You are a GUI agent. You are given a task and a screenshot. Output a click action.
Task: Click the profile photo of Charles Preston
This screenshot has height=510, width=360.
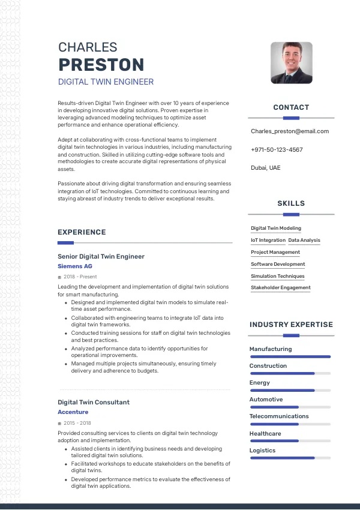pos(291,62)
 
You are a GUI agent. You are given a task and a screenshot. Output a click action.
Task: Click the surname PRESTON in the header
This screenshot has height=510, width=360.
pos(101,65)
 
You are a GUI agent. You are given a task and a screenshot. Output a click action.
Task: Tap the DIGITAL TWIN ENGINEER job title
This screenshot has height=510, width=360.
pos(106,82)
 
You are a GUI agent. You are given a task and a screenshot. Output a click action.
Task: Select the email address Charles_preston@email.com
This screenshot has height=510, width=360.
pos(290,131)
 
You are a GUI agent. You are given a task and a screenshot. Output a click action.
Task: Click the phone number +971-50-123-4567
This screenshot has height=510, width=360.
pos(277,149)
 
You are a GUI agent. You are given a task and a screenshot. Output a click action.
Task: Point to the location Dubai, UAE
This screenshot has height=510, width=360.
pos(266,167)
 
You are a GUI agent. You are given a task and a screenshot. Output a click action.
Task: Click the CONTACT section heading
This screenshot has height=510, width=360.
pos(291,107)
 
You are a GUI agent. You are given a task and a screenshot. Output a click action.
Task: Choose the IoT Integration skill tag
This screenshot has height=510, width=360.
pos(268,240)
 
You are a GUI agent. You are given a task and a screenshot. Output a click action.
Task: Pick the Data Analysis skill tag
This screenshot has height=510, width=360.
pos(304,240)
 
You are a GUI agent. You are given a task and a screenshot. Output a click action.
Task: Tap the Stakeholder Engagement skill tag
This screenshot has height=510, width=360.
pos(281,287)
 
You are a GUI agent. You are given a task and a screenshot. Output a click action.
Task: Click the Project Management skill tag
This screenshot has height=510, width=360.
pos(275,252)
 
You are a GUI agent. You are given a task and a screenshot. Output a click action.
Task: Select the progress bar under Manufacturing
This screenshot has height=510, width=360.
pos(290,356)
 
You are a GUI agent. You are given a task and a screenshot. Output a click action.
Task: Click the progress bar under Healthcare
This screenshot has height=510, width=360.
pos(290,441)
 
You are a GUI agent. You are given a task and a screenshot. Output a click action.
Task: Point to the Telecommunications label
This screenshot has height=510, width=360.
pos(279,416)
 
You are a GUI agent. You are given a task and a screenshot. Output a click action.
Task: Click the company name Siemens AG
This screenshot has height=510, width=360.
pos(75,266)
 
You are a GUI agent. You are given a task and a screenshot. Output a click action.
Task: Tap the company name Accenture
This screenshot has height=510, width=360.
pos(73,412)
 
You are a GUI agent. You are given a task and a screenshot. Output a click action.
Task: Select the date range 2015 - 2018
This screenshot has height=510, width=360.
pos(76,423)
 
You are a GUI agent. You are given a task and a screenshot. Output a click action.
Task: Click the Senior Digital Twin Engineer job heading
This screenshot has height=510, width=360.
pos(101,256)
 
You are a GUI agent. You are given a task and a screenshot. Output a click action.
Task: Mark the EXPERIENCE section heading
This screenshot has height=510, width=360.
pos(82,232)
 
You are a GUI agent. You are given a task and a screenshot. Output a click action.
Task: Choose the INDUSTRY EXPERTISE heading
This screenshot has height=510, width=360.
pos(291,325)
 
